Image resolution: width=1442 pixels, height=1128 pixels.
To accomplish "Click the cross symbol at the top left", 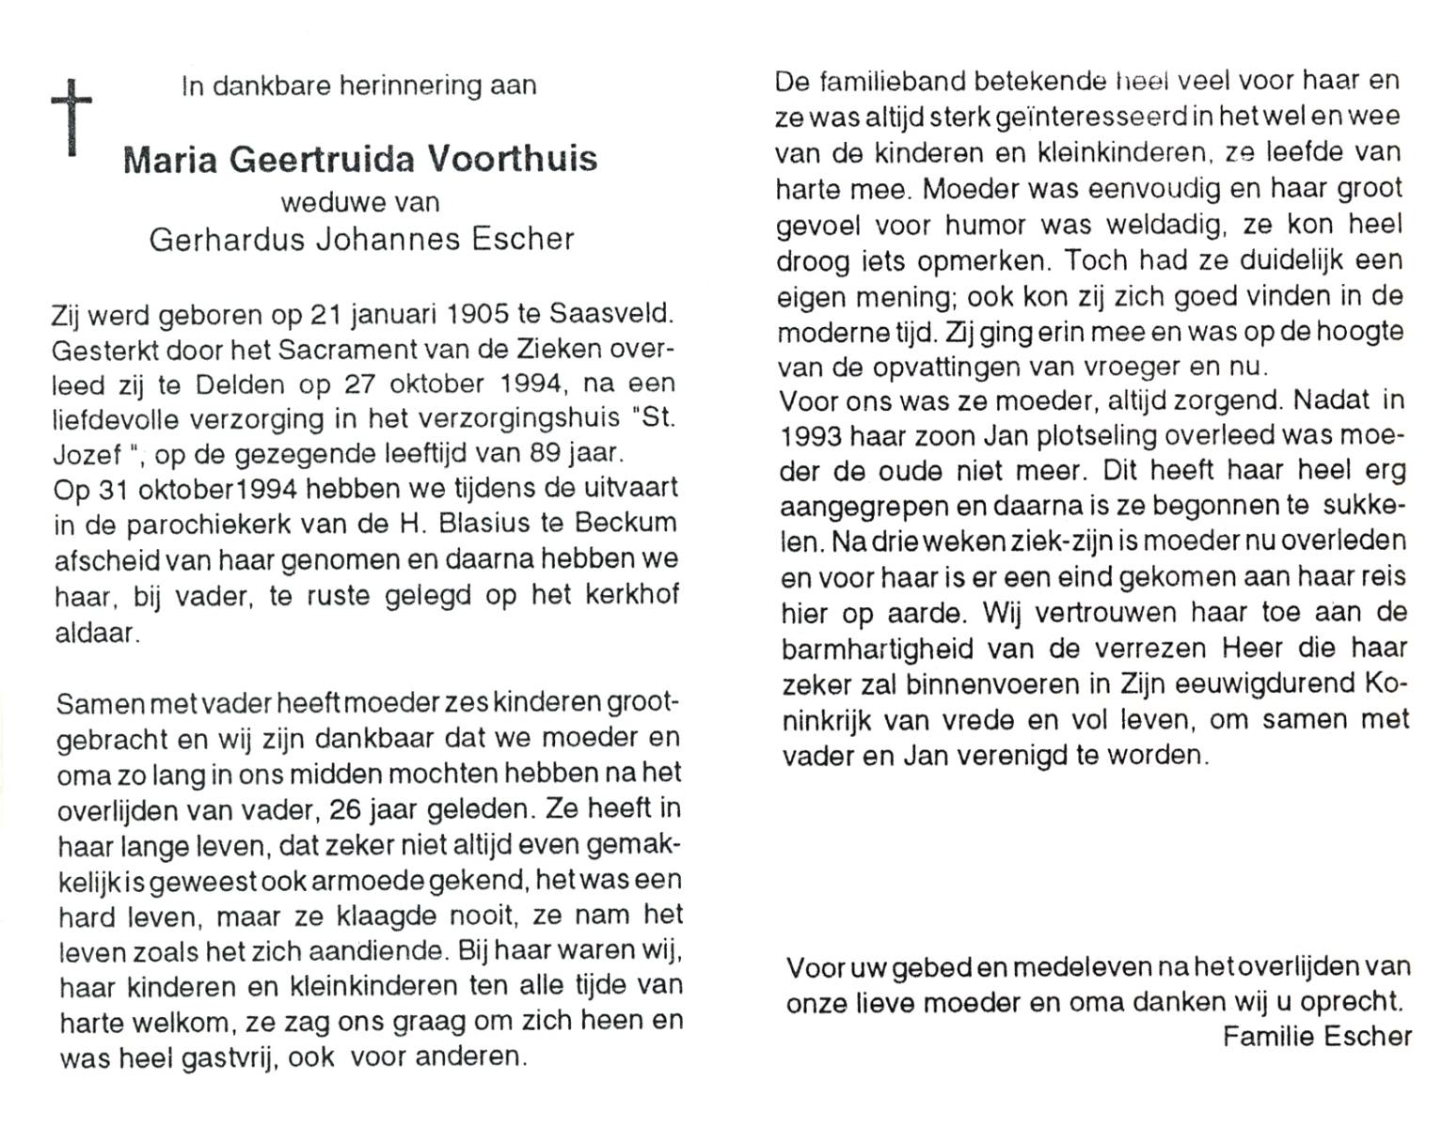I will click(71, 115).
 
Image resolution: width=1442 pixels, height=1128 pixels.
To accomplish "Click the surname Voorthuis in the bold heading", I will click(513, 159).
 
